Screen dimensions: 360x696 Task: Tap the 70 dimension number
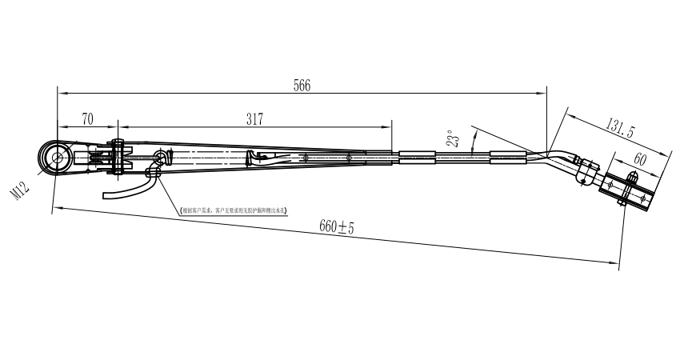point(87,118)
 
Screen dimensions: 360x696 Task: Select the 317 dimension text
point(254,118)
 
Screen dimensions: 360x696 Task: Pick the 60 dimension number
point(640,159)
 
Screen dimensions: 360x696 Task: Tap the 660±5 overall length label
point(336,227)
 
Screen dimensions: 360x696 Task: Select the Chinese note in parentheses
point(234,210)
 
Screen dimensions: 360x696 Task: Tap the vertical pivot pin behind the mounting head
point(118,158)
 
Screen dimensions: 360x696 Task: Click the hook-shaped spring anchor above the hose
point(160,158)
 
